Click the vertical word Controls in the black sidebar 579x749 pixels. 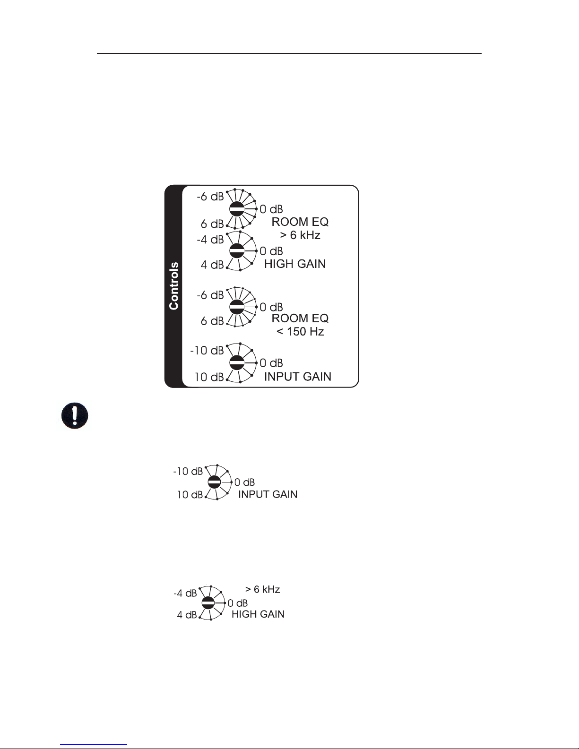pyautogui.click(x=174, y=286)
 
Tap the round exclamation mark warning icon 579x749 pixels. pyautogui.click(x=75, y=416)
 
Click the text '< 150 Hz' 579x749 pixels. pyautogui.click(x=300, y=332)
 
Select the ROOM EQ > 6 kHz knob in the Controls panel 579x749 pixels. pyautogui.click(x=236, y=209)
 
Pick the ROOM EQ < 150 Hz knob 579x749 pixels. pyautogui.click(x=236, y=307)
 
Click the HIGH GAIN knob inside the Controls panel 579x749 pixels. pyautogui.click(x=236, y=250)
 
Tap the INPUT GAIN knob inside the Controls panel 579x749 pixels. pyautogui.click(x=236, y=363)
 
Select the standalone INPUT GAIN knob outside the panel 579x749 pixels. pyautogui.click(x=214, y=482)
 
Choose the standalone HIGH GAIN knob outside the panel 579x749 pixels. pyautogui.click(x=207, y=603)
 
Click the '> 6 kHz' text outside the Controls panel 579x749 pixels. pyautogui.click(x=262, y=589)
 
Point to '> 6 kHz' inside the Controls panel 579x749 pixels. pyautogui.click(x=300, y=235)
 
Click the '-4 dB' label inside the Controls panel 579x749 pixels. pyautogui.click(x=210, y=240)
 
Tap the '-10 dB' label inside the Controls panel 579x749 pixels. pyautogui.click(x=207, y=351)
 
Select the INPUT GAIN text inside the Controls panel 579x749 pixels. pyautogui.click(x=298, y=377)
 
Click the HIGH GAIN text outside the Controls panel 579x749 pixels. pyautogui.click(x=258, y=614)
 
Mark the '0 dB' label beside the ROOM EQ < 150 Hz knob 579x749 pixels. pyautogui.click(x=271, y=308)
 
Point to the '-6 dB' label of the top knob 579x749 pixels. pyautogui.click(x=210, y=197)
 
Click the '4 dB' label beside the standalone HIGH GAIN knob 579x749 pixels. pyautogui.click(x=187, y=615)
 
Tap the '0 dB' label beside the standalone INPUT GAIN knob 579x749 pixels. pyautogui.click(x=244, y=482)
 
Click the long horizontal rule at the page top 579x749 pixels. pyautogui.click(x=289, y=53)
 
